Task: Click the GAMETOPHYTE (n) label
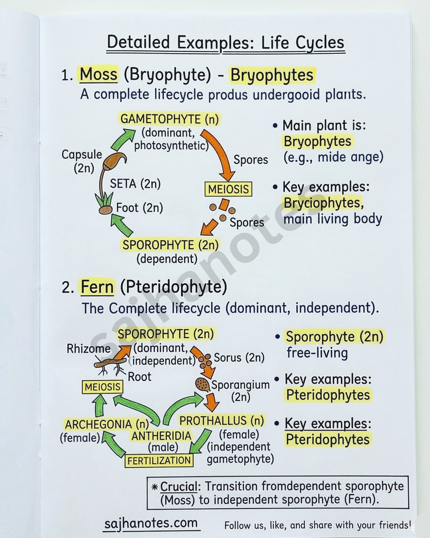click(170, 119)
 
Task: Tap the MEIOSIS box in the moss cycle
click(228, 189)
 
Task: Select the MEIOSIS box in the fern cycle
click(103, 387)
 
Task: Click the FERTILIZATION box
click(159, 461)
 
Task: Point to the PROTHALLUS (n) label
click(222, 421)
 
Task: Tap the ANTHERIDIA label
click(161, 436)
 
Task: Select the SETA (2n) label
click(135, 184)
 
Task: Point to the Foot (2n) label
click(140, 208)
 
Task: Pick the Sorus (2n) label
click(239, 358)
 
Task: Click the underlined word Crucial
click(179, 487)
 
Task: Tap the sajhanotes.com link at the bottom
click(151, 523)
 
